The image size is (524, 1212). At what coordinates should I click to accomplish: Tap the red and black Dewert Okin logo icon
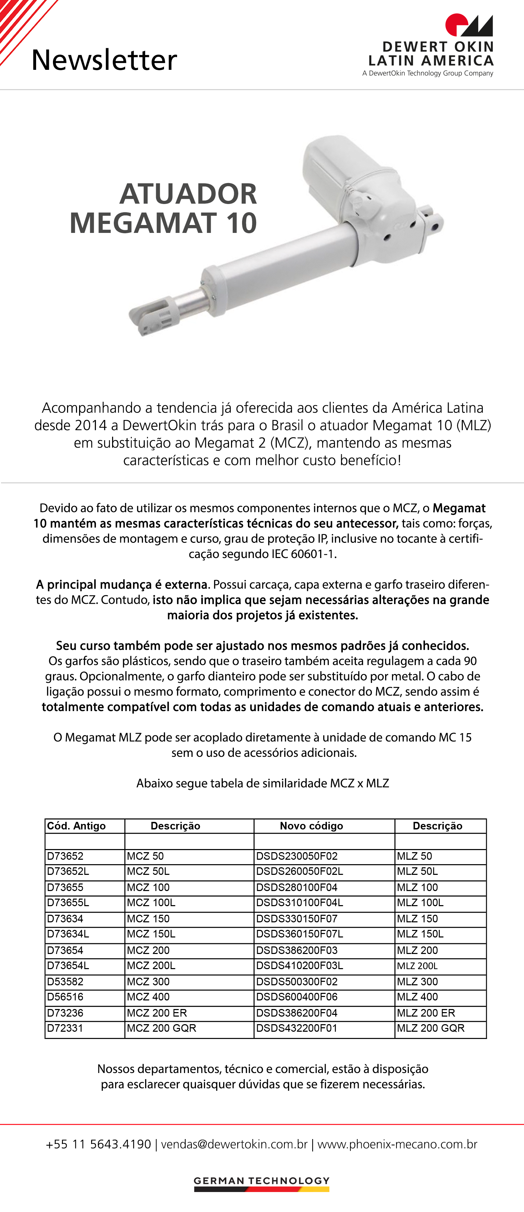pyautogui.click(x=469, y=25)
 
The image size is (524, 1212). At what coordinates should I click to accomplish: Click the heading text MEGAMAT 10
pyautogui.click(x=163, y=223)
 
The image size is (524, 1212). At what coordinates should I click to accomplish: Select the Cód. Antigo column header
pyautogui.click(x=76, y=826)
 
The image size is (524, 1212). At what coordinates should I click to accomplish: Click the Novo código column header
pyautogui.click(x=312, y=826)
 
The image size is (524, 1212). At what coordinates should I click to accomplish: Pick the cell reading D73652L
pyautogui.click(x=68, y=871)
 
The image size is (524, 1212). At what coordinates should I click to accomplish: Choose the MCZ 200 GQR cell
pyautogui.click(x=161, y=1028)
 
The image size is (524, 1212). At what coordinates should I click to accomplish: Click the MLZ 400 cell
pyautogui.click(x=417, y=997)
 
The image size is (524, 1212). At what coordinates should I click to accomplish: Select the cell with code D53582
pyautogui.click(x=65, y=982)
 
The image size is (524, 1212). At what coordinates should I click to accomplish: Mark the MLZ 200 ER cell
pyautogui.click(x=426, y=1012)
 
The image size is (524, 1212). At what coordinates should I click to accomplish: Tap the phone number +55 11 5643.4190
pyautogui.click(x=98, y=1144)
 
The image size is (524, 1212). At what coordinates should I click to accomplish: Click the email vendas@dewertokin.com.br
pyautogui.click(x=234, y=1144)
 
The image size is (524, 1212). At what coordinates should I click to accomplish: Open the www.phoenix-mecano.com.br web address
pyautogui.click(x=397, y=1144)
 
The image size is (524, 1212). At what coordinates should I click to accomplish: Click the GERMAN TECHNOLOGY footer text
pyautogui.click(x=262, y=1181)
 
